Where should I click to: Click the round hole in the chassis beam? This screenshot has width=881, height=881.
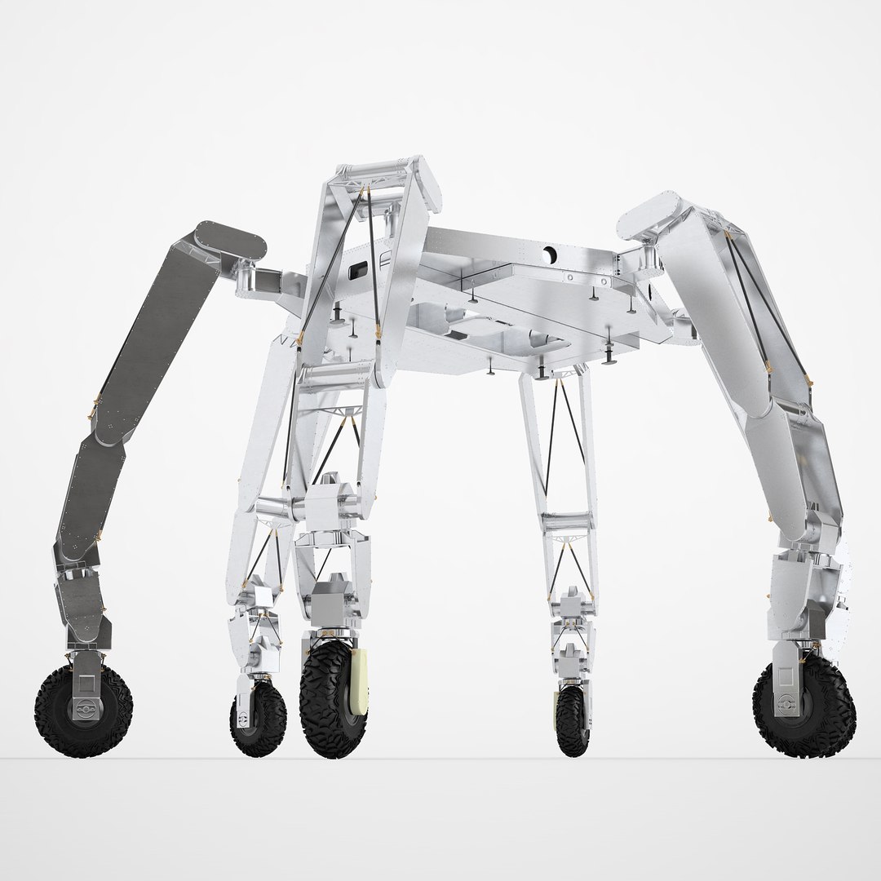[554, 255]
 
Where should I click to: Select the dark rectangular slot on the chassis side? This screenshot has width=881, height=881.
[358, 270]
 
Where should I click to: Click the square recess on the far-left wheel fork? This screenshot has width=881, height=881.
[83, 676]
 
